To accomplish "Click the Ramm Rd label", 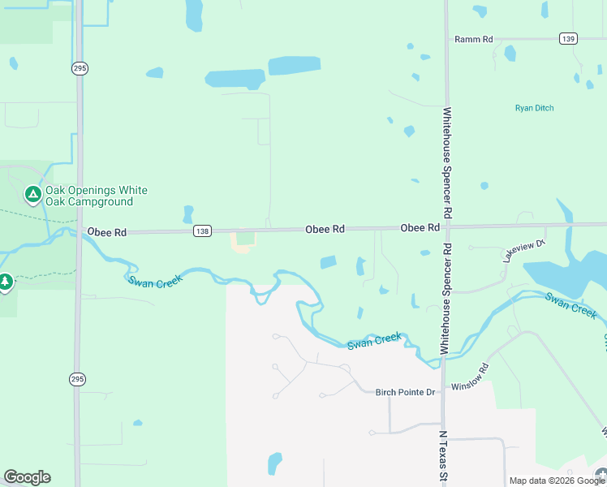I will tap(474, 39).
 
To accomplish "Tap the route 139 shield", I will tap(568, 38).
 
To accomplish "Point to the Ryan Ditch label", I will tap(534, 108).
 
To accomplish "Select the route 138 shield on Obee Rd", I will tap(203, 231).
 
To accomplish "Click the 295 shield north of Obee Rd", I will tap(79, 69).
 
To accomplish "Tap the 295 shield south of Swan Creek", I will tap(76, 380).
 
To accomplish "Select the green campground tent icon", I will tap(32, 194).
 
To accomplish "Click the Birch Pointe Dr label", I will tap(405, 392).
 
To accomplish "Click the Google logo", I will tap(27, 477).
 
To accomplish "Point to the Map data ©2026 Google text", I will tap(557, 481).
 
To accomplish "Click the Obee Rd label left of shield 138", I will tap(107, 232).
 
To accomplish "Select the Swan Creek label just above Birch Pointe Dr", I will tap(374, 341).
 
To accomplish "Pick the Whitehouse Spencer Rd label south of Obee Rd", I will tap(445, 298).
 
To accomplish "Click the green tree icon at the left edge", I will tap(6, 282).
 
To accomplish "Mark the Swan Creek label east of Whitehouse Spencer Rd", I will tap(570, 305).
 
